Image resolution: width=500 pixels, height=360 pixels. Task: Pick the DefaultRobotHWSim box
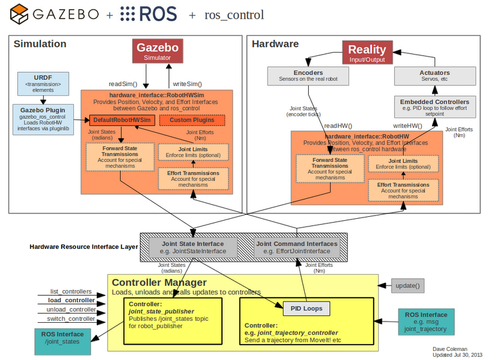pyautogui.click(x=121, y=120)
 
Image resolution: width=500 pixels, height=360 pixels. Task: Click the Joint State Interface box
pyautogui.click(x=193, y=247)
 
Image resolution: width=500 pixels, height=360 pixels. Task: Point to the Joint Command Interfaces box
pyautogui.click(x=296, y=247)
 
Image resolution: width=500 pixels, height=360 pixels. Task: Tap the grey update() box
pyautogui.click(x=408, y=286)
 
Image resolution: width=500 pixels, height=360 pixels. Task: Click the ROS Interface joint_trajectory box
pyautogui.click(x=426, y=321)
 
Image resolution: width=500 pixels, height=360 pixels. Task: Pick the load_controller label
pyautogui.click(x=71, y=300)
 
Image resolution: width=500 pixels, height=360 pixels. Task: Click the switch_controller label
pyautogui.click(x=72, y=318)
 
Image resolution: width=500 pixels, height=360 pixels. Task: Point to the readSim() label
pyautogui.click(x=123, y=83)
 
